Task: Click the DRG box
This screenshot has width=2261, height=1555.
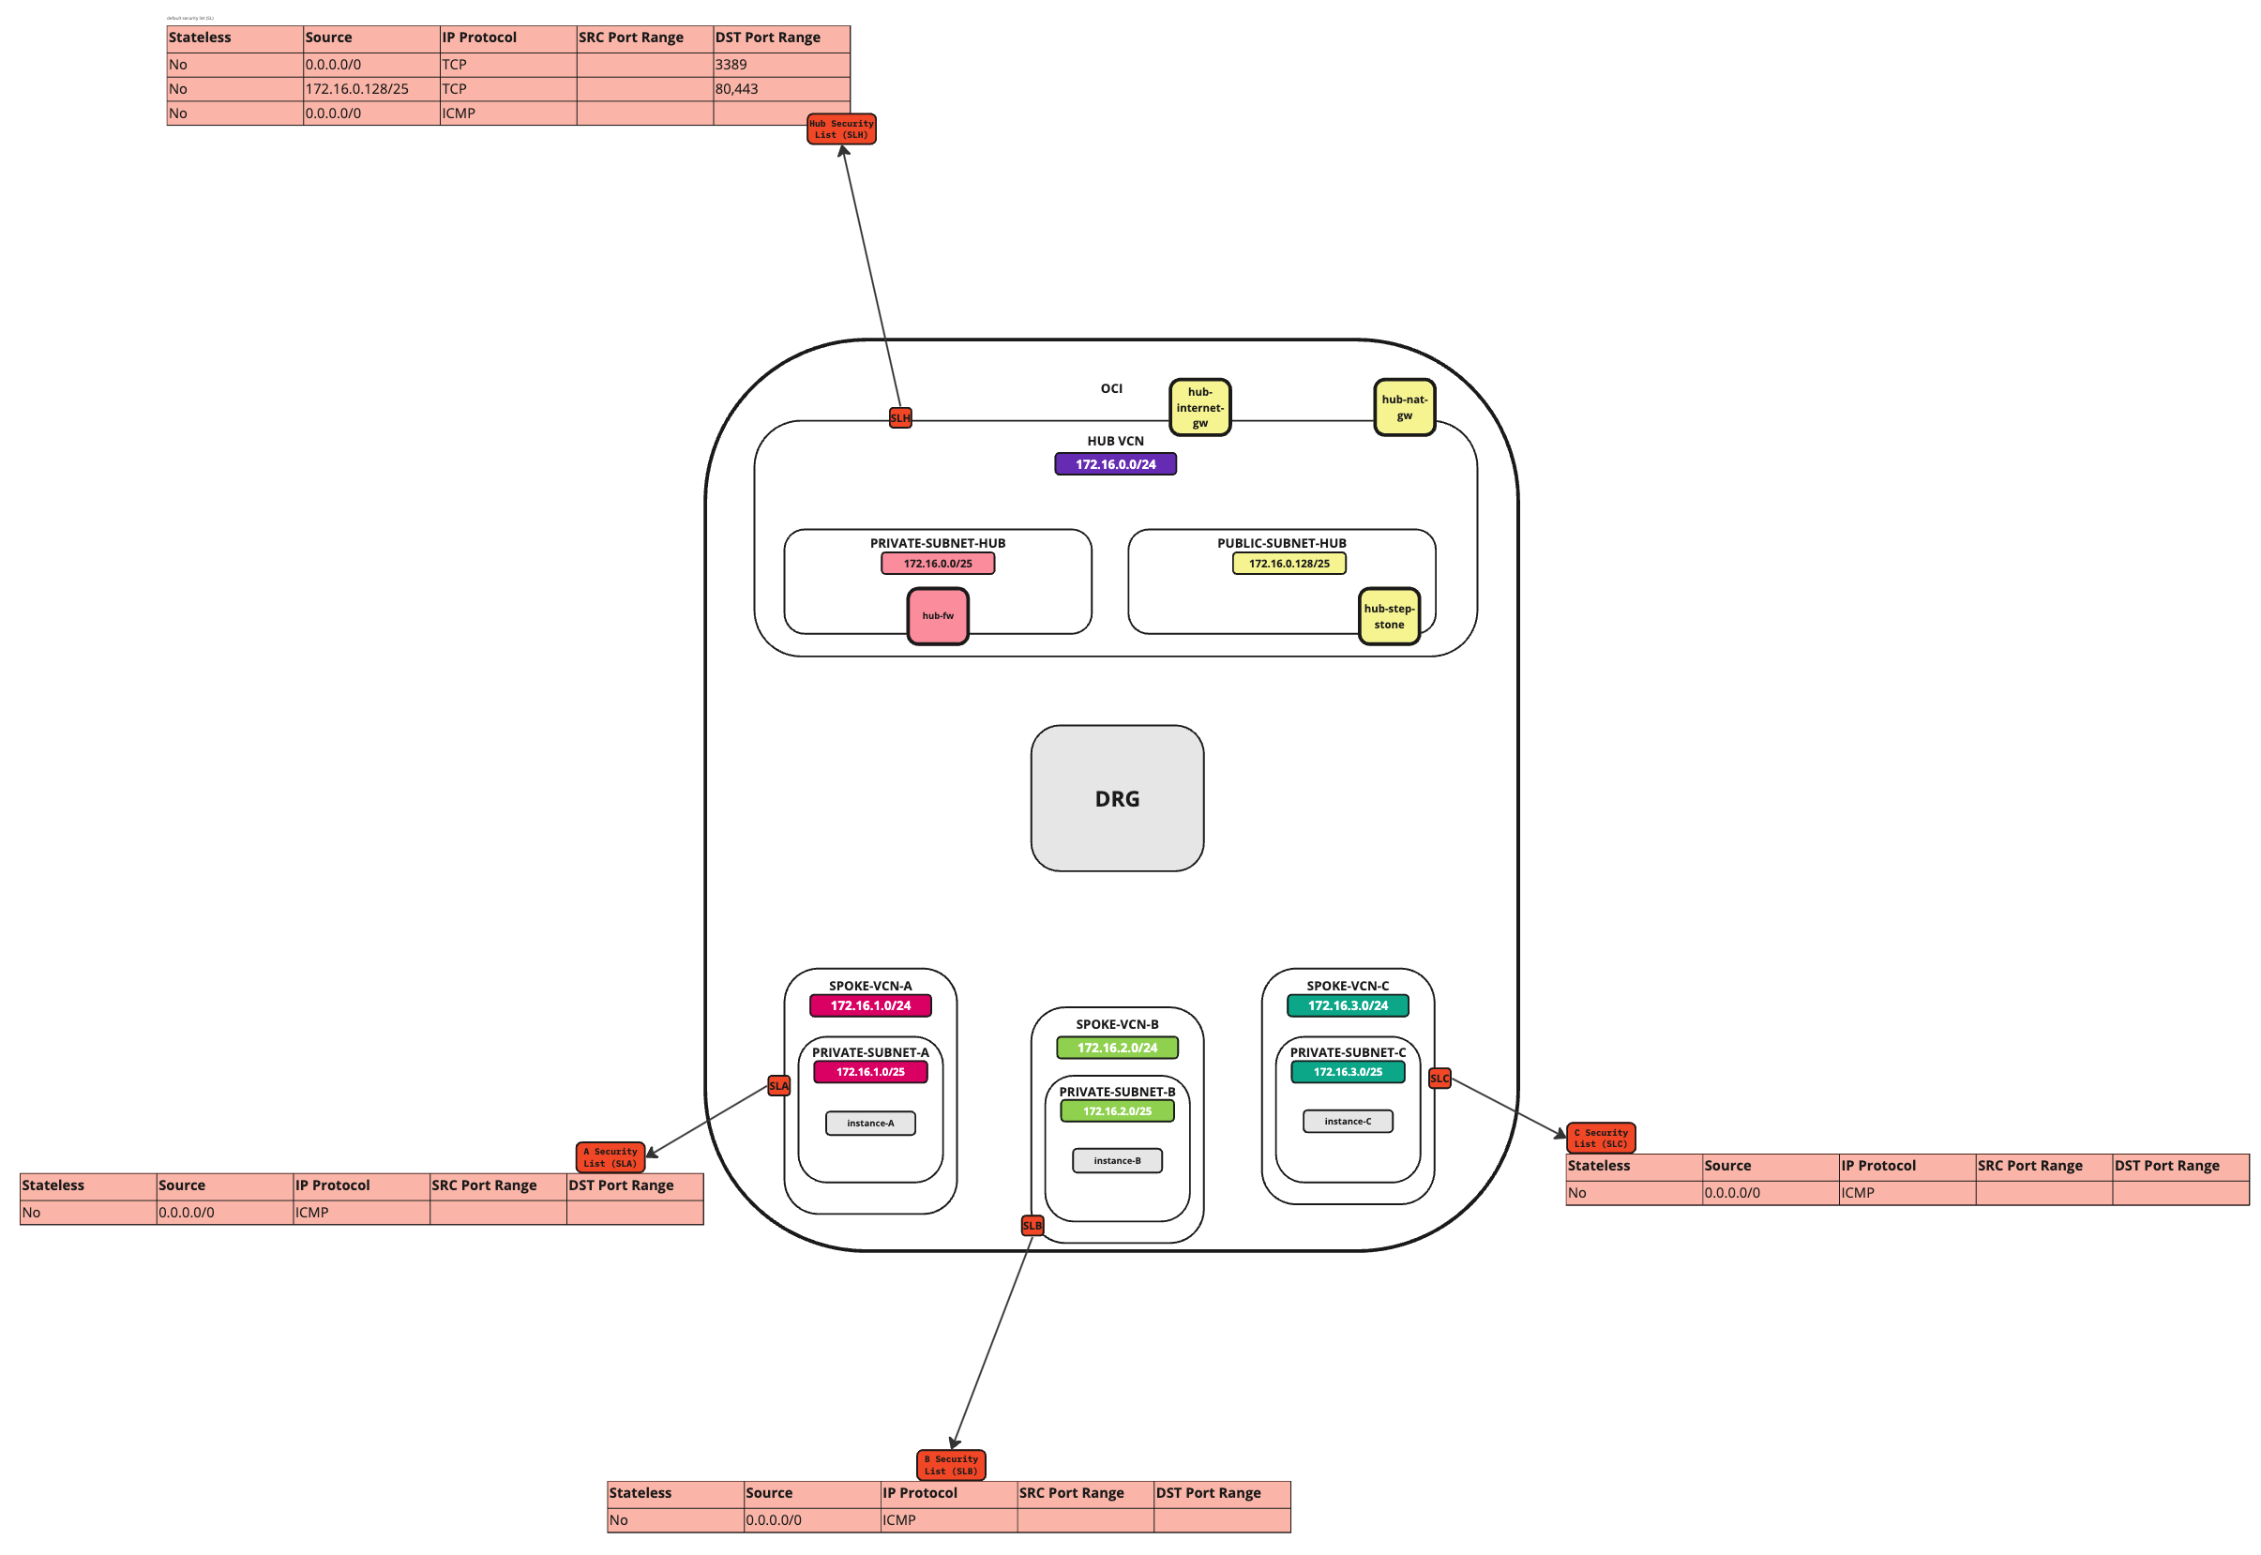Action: click(x=1116, y=798)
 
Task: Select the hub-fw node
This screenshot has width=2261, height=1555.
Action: click(x=937, y=616)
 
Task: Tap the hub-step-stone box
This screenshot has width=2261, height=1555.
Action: click(x=1388, y=616)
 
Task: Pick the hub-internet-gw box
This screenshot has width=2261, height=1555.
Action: click(x=1199, y=407)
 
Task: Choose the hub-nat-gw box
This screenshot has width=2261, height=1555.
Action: click(x=1404, y=407)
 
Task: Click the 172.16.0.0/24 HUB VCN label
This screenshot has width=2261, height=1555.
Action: click(x=1115, y=463)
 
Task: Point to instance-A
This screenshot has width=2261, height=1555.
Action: click(x=870, y=1123)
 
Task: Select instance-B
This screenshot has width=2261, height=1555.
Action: click(x=1116, y=1160)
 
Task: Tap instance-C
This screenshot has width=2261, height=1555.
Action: click(x=1348, y=1122)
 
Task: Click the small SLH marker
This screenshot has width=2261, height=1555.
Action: click(x=900, y=418)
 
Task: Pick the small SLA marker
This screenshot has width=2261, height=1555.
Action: click(x=778, y=1085)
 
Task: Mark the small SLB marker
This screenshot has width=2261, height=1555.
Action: click(x=1032, y=1225)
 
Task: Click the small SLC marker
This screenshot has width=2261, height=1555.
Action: click(x=1439, y=1079)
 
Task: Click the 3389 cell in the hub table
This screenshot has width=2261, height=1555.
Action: click(x=780, y=65)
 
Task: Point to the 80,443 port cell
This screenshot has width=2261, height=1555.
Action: click(x=780, y=89)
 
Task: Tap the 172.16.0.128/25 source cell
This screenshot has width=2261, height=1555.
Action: click(x=370, y=89)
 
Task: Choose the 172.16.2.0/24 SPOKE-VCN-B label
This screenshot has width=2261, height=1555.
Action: click(x=1116, y=1048)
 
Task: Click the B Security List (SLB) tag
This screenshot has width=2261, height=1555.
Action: click(x=951, y=1464)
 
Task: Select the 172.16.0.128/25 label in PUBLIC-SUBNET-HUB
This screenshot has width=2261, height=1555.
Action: click(x=1289, y=563)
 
